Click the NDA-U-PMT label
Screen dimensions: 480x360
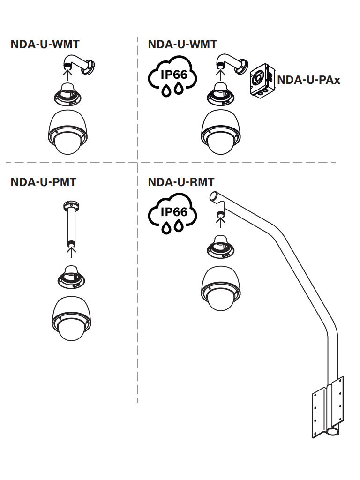click(x=43, y=182)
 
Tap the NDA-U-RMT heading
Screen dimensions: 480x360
click(x=181, y=182)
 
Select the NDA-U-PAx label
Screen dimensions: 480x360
click(x=308, y=79)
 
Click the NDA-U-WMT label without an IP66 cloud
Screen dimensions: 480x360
click(x=45, y=45)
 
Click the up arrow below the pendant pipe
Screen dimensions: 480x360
click(x=71, y=252)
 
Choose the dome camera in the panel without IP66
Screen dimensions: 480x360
click(x=67, y=133)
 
